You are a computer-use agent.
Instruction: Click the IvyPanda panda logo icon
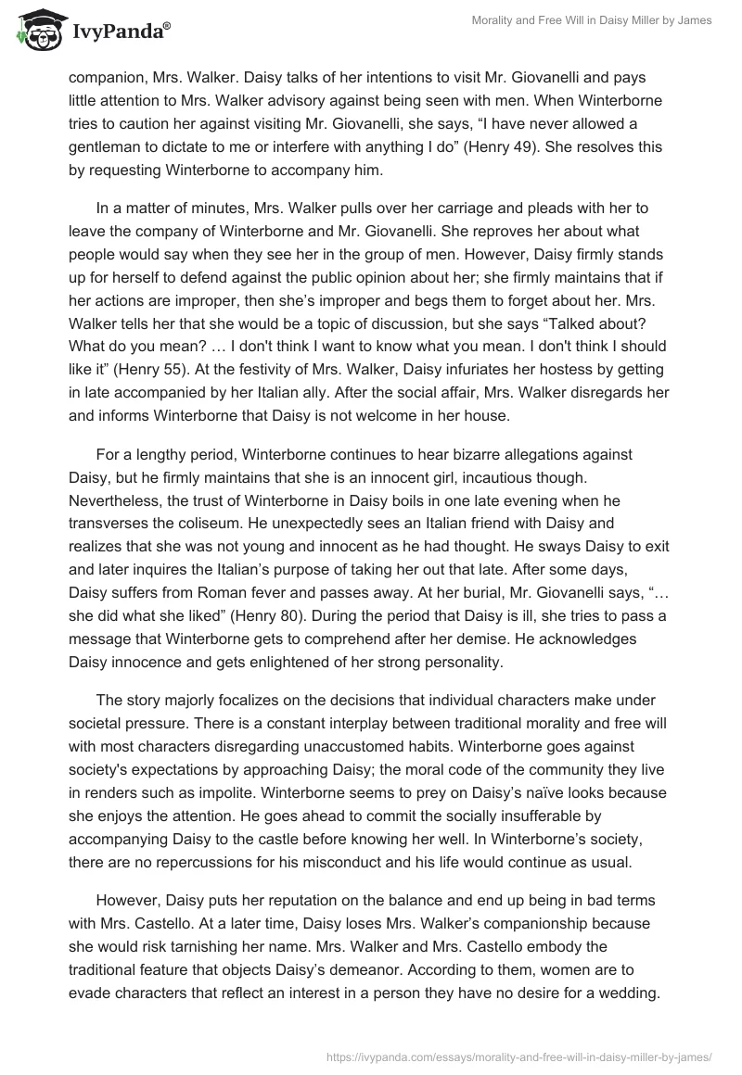(35, 30)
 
